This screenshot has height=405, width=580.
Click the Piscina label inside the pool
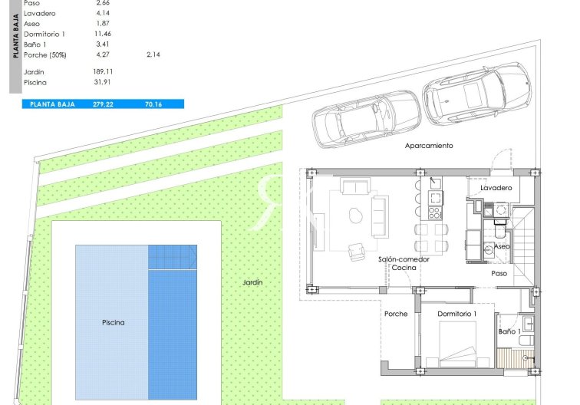point(113,323)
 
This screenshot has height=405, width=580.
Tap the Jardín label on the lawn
point(252,283)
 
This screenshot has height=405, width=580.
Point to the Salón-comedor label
point(404,259)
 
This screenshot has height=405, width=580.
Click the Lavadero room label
point(496,188)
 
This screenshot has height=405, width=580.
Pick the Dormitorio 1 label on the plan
point(457,314)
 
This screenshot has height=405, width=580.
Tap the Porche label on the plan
point(396,314)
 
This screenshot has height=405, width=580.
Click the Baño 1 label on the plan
point(509,331)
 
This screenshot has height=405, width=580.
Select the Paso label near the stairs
point(499,273)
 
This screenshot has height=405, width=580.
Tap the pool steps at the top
point(173,256)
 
